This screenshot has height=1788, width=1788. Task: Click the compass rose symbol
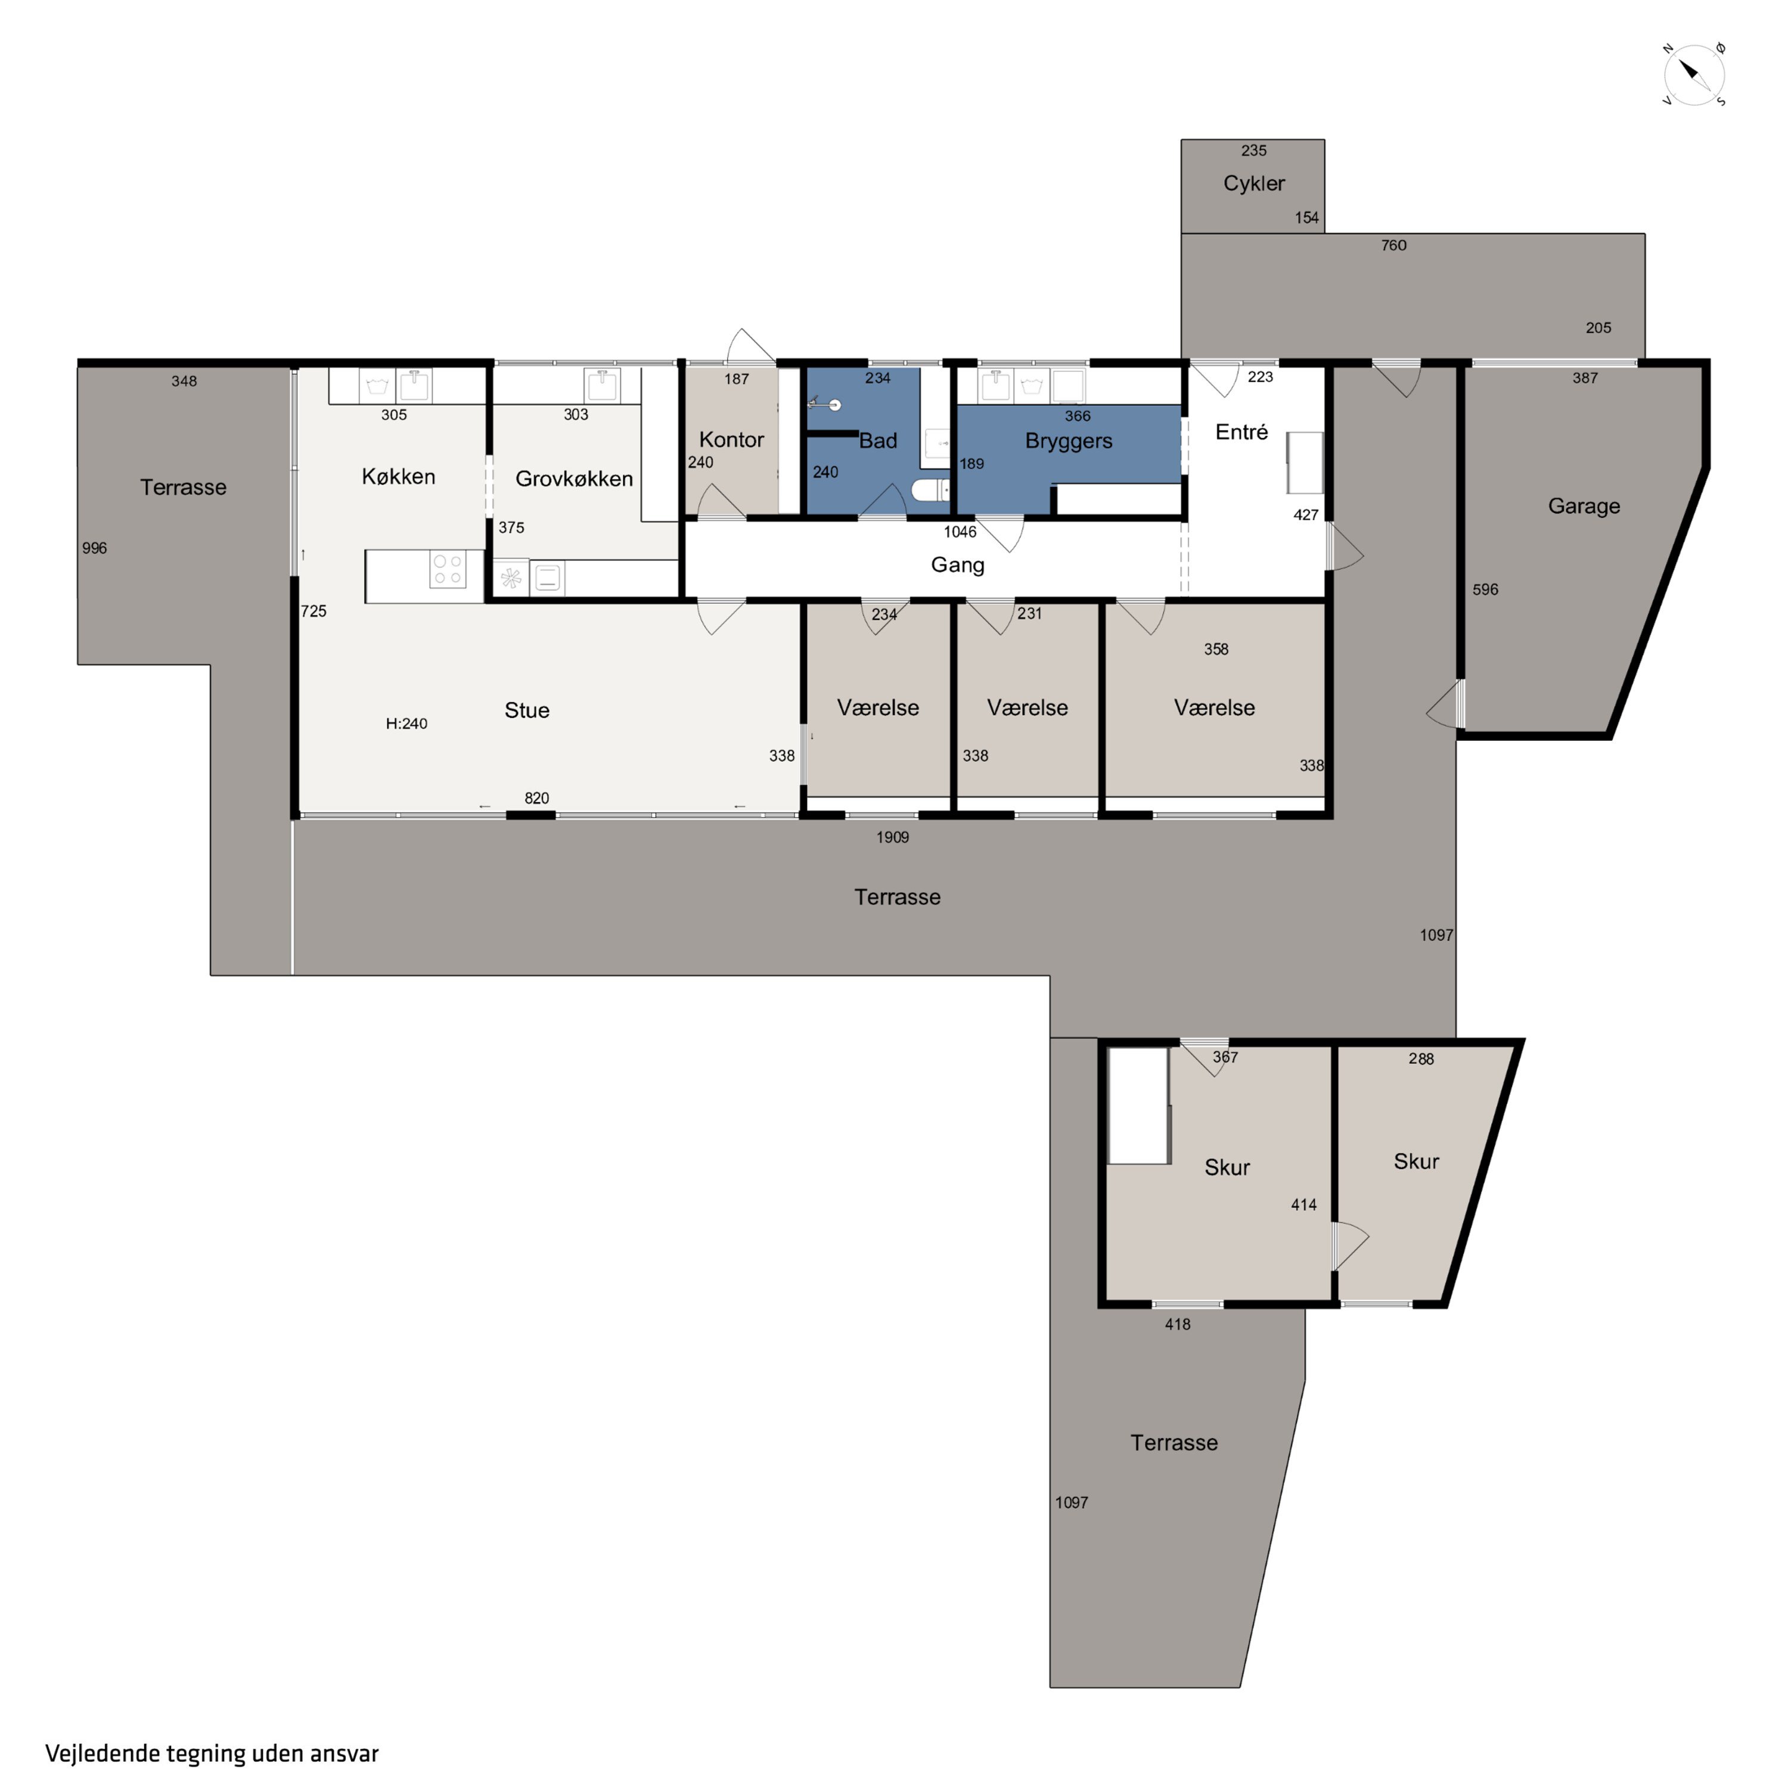pos(1694,74)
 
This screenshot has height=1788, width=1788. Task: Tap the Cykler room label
pos(1254,183)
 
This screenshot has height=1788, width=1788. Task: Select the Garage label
pos(1584,506)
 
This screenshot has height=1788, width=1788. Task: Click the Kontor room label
pos(731,440)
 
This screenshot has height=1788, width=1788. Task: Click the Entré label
pos(1241,432)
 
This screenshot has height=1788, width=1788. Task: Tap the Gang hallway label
pos(958,564)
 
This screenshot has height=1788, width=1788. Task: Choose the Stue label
pos(527,710)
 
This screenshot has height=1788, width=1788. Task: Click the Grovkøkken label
pos(574,479)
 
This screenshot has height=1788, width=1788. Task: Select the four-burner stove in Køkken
pos(448,569)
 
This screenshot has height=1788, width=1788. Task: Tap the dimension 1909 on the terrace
pos(892,837)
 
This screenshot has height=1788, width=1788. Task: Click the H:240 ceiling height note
pos(406,724)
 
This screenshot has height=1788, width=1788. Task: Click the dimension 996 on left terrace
pos(94,548)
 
